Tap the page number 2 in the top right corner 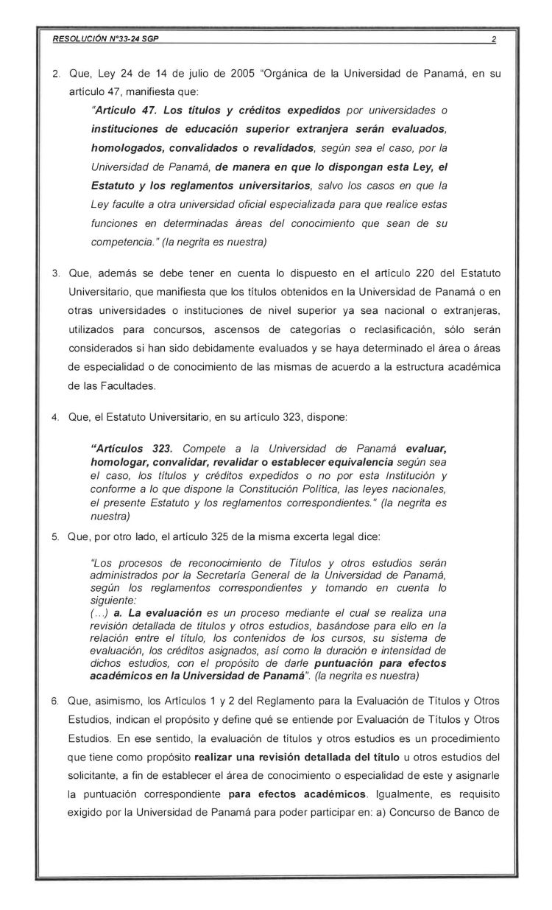click(x=492, y=40)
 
